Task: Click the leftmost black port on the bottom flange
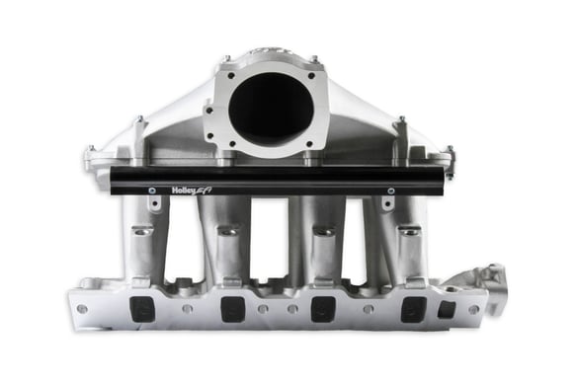coord(143,309)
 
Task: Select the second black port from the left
coord(233,309)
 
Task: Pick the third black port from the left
coord(323,309)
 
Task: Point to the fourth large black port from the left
coord(413,309)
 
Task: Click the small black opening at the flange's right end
coord(447,309)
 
